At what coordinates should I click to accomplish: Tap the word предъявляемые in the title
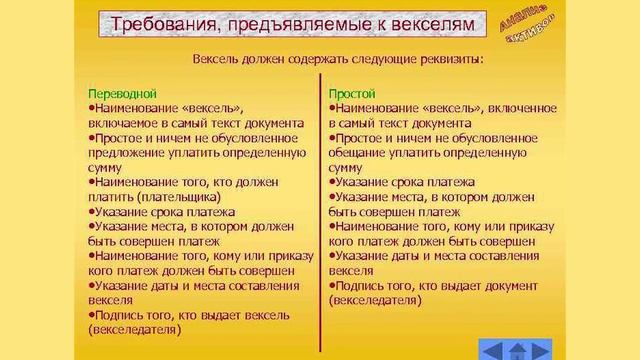289,23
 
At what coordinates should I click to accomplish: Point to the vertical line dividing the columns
320,200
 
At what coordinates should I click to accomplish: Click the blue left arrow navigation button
490,349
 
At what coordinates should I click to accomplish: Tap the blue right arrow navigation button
544,349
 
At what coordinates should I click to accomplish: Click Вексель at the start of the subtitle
216,58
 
